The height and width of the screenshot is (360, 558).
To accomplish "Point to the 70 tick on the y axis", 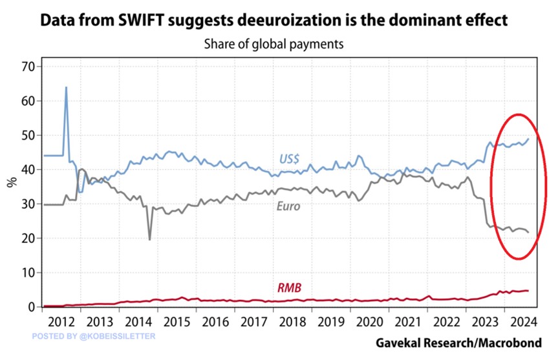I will coord(27,67).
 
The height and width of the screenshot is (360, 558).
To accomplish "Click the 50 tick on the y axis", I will coord(27,136).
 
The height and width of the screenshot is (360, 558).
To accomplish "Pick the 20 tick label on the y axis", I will coord(27,238).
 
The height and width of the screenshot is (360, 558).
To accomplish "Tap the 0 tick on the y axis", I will coord(30,307).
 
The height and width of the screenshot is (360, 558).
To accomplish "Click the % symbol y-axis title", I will coord(11,180).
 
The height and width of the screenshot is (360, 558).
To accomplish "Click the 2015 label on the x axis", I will coord(176,321).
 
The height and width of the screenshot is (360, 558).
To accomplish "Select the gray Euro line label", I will coord(290,208).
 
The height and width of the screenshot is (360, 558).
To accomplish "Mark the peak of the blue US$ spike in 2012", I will coord(66,87).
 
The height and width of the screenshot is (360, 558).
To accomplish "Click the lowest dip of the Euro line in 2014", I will coord(150,240).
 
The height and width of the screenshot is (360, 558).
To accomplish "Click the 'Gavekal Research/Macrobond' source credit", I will coord(458,343).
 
